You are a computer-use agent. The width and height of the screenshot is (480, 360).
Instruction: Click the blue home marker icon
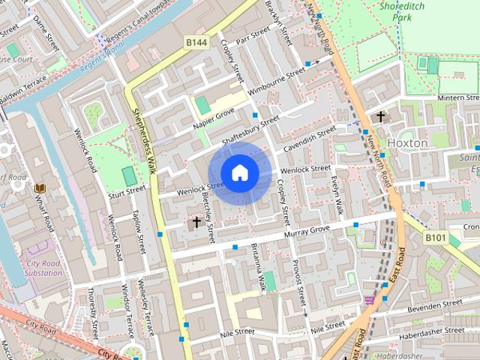coord(239,172)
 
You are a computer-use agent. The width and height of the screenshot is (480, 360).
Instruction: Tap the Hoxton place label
coord(407,142)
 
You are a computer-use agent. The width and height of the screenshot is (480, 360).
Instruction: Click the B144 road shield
coord(197,43)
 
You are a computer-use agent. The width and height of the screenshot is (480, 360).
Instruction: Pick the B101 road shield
coord(436,238)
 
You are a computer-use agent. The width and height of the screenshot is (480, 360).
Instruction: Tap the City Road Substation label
coord(44,268)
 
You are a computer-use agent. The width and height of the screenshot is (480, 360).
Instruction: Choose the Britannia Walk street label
coord(258,267)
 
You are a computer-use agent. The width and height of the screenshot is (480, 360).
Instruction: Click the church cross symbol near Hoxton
coord(381,116)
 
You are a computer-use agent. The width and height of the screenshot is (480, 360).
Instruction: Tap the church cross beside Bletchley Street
coord(197,222)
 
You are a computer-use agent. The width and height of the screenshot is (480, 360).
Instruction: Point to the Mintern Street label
coord(457,98)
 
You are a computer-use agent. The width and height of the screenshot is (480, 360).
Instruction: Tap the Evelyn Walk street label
coord(337,196)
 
